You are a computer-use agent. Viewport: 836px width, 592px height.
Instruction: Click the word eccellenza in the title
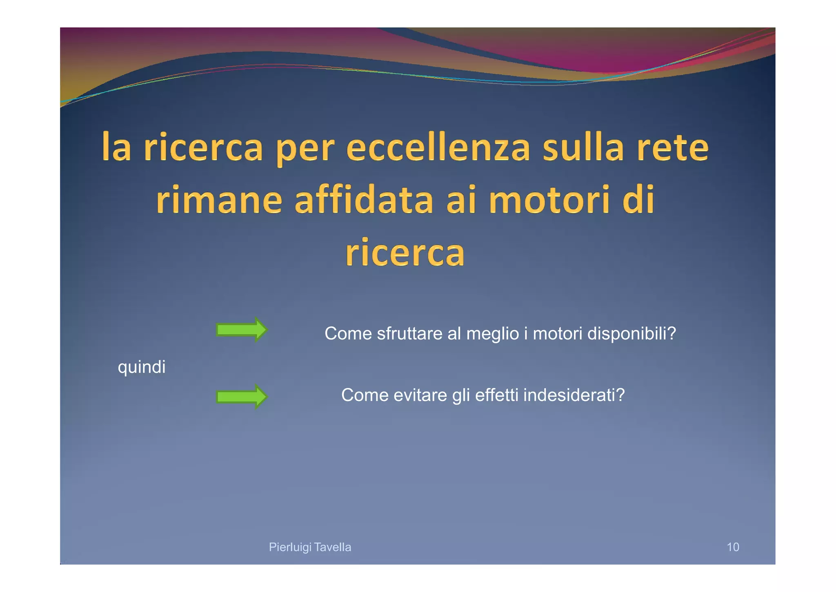438,148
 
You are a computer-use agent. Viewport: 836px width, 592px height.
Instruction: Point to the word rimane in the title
219,200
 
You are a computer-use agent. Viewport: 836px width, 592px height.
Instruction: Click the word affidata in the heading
364,200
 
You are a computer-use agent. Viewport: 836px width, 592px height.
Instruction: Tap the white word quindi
142,367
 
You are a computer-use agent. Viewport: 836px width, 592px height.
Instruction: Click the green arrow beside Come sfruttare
241,330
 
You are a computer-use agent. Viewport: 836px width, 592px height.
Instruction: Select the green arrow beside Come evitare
241,397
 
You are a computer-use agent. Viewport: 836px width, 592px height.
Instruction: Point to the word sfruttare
409,334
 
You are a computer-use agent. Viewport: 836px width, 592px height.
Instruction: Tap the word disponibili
631,334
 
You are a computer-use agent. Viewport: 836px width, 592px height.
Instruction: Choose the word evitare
420,395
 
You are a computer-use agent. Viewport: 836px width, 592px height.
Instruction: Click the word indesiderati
574,395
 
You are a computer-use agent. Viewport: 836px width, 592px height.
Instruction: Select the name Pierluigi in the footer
290,547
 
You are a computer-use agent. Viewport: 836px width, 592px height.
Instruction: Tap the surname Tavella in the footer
333,547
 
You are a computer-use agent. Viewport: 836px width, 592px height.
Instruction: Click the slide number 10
733,547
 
